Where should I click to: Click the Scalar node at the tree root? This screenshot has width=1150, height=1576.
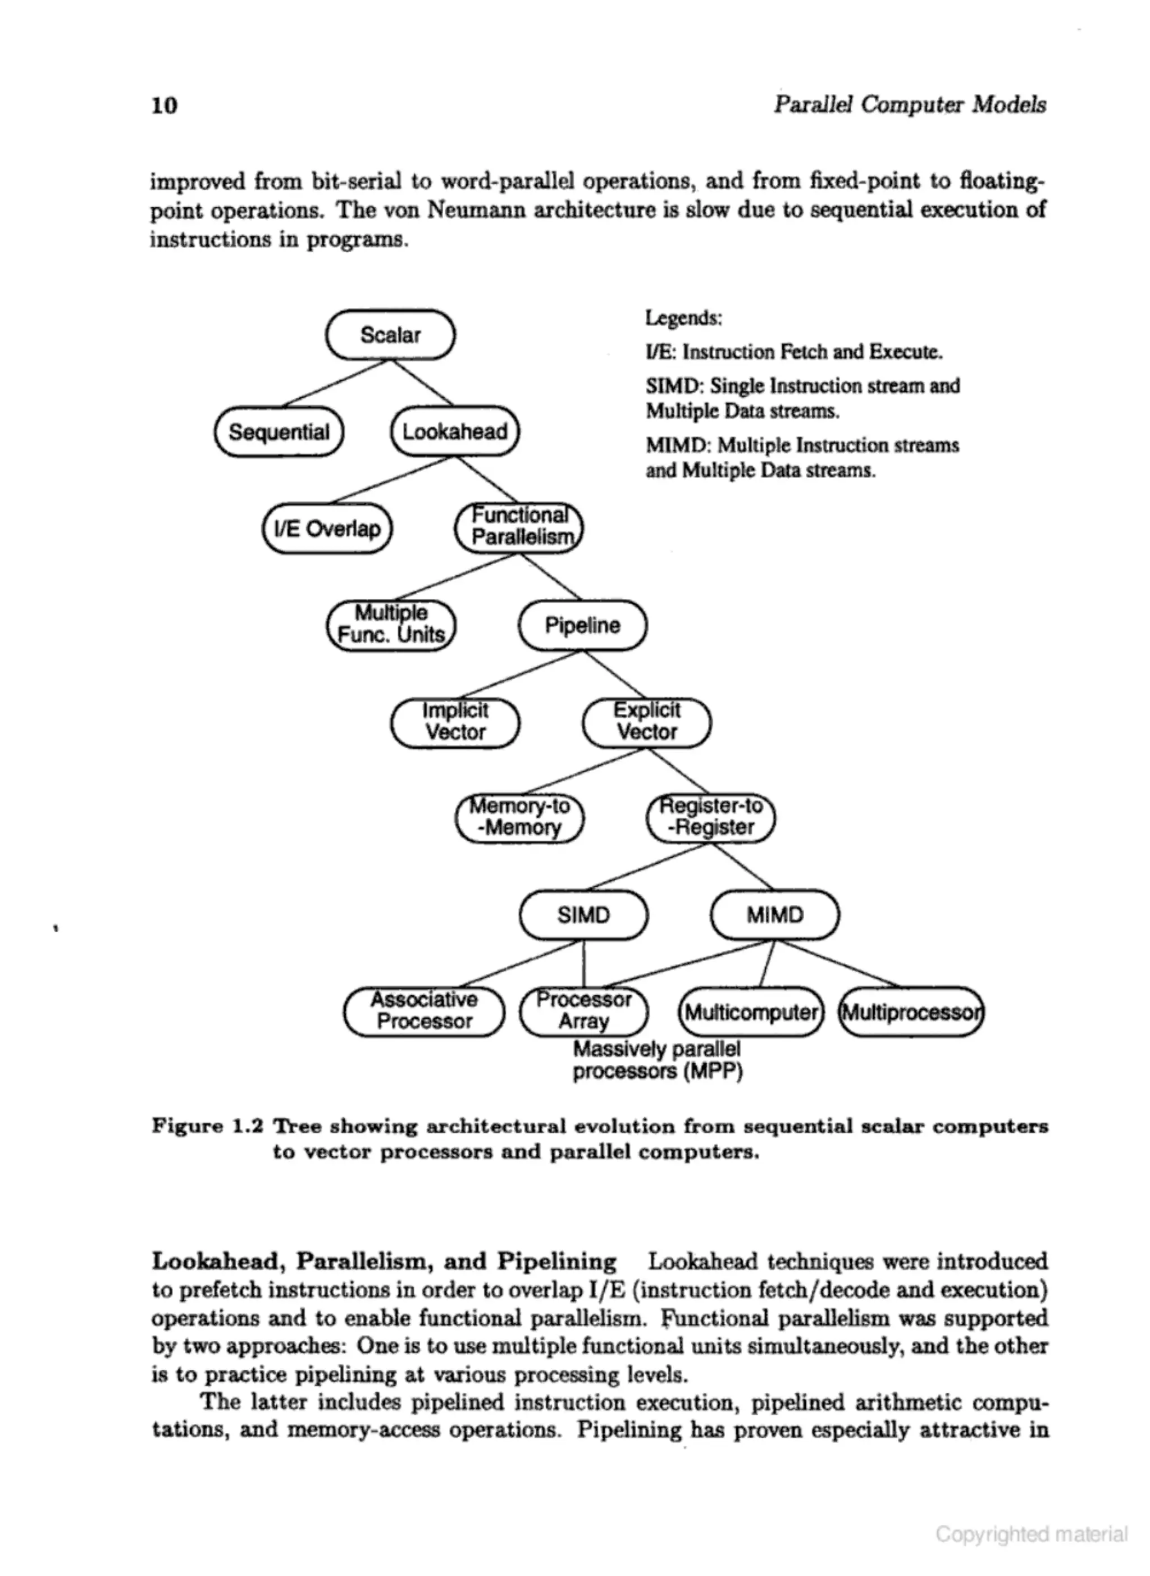point(390,335)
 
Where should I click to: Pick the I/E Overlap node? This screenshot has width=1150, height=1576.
point(327,529)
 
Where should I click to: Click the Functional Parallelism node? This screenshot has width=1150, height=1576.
point(519,527)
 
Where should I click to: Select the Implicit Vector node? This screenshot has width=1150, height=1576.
point(455,722)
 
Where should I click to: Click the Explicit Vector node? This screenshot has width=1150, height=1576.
point(647,722)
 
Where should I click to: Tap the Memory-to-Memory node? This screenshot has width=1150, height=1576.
point(519,817)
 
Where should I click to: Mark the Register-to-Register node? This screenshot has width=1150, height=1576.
point(710,817)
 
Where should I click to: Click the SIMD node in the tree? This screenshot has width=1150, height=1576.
point(583,915)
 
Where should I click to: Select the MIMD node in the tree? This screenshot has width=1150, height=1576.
point(775,915)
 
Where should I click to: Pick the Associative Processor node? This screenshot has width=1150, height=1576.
point(423,1012)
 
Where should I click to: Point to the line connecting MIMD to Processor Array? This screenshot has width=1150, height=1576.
point(689,965)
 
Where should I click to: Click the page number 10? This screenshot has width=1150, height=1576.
point(165,105)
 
